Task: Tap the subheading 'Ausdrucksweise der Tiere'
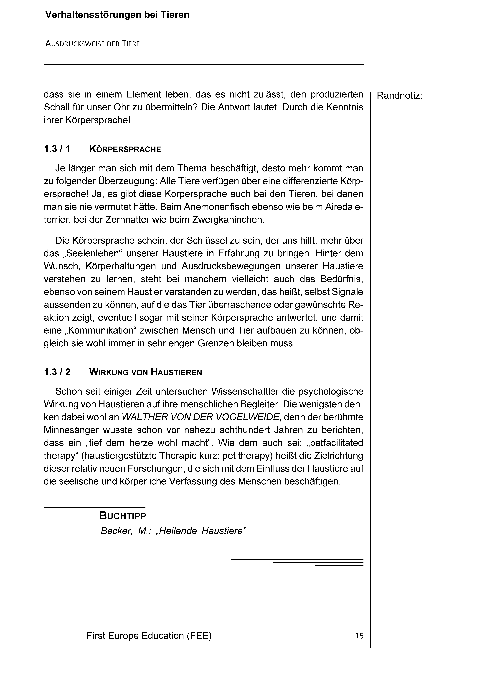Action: pyautogui.click(x=92, y=44)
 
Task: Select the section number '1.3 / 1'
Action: pyautogui.click(x=57, y=149)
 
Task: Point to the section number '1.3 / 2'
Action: pyautogui.click(x=57, y=372)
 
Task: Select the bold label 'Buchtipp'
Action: pyautogui.click(x=123, y=516)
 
